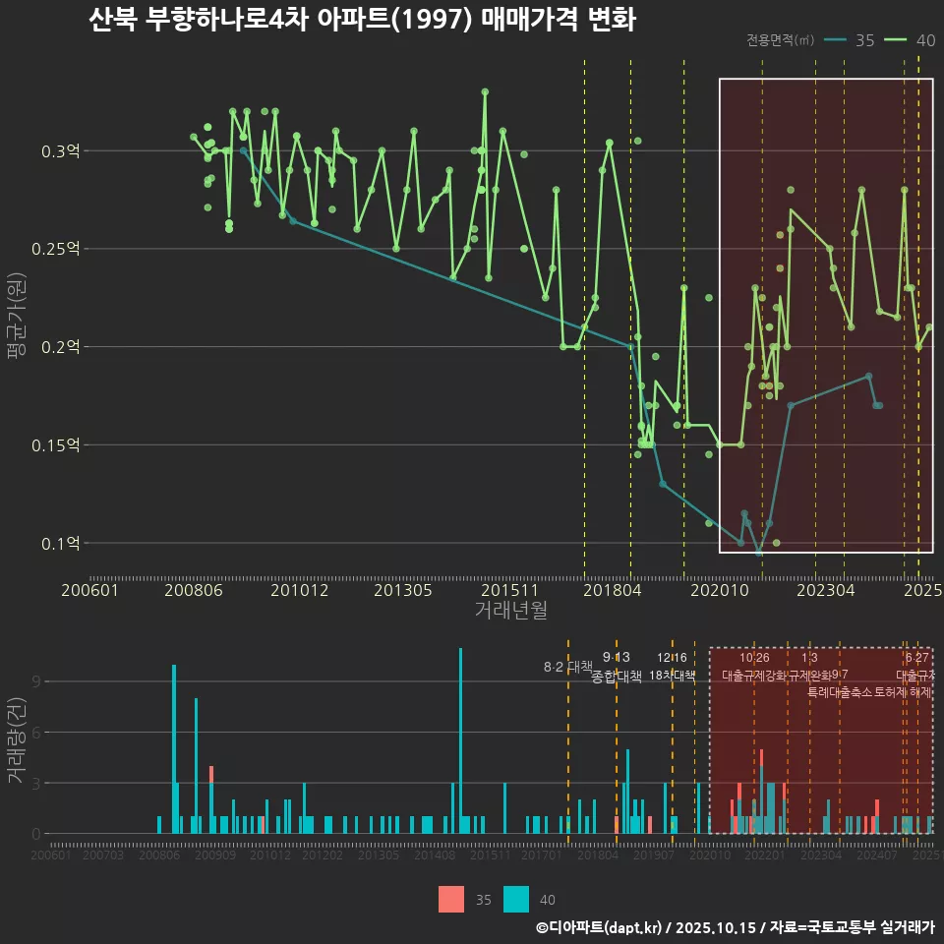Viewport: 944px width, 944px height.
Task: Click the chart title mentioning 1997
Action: pyautogui.click(x=362, y=21)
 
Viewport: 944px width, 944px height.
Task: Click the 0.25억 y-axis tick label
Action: pyautogui.click(x=57, y=250)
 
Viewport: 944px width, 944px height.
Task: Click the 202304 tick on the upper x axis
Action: pyautogui.click(x=825, y=591)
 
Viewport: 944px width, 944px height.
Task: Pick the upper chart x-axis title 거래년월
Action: pyautogui.click(x=510, y=611)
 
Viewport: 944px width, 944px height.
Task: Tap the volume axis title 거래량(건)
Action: pyautogui.click(x=16, y=739)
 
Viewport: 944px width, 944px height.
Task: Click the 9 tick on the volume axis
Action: pyautogui.click(x=35, y=681)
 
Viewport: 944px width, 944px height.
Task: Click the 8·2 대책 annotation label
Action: pyautogui.click(x=568, y=667)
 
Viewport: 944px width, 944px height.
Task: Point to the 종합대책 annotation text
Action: pyautogui.click(x=617, y=676)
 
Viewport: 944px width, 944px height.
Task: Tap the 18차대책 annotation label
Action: pyautogui.click(x=673, y=676)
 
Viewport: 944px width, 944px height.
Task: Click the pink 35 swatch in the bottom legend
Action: pyautogui.click(x=450, y=899)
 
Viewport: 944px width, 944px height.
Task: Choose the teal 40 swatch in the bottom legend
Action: pyautogui.click(x=515, y=899)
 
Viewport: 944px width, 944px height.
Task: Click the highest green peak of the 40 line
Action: pyautogui.click(x=485, y=91)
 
